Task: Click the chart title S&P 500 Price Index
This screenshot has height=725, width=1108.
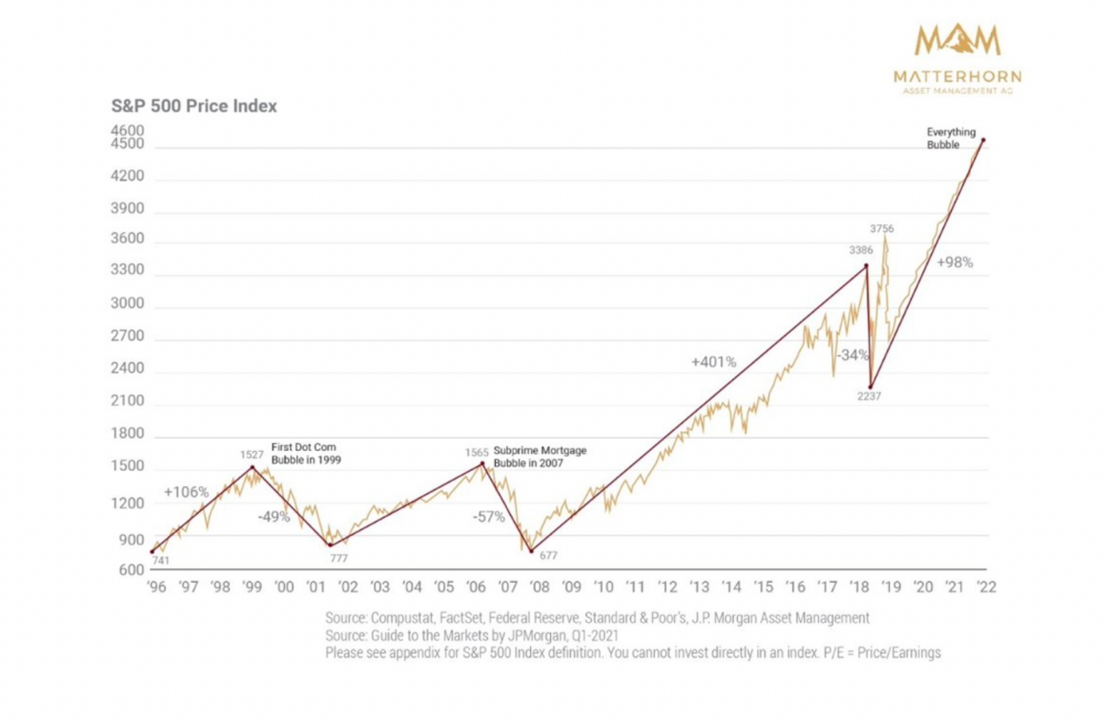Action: click(193, 106)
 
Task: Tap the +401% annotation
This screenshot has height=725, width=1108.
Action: click(713, 361)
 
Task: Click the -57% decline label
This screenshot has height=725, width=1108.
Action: click(489, 516)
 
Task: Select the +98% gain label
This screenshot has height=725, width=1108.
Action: click(954, 262)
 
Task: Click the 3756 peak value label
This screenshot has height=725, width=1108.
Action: click(882, 229)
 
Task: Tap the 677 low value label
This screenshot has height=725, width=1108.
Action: click(548, 555)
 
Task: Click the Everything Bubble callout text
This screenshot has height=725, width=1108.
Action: click(951, 139)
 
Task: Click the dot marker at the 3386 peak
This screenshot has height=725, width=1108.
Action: click(865, 265)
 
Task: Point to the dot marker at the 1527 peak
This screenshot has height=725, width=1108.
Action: click(252, 467)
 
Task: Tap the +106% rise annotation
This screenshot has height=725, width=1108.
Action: click(185, 492)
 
